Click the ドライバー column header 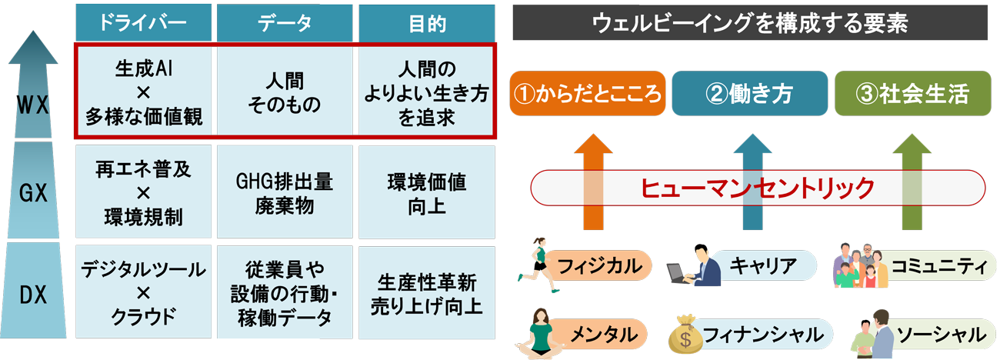click(142, 23)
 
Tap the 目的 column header click(427, 23)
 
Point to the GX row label click(33, 193)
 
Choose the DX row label click(33, 292)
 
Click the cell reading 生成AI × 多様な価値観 click(142, 93)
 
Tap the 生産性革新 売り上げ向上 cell click(427, 293)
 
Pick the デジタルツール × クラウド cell click(142, 293)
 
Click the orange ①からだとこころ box click(588, 94)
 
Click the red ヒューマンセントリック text click(758, 187)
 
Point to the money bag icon click(685, 333)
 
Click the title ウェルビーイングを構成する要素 click(750, 23)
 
